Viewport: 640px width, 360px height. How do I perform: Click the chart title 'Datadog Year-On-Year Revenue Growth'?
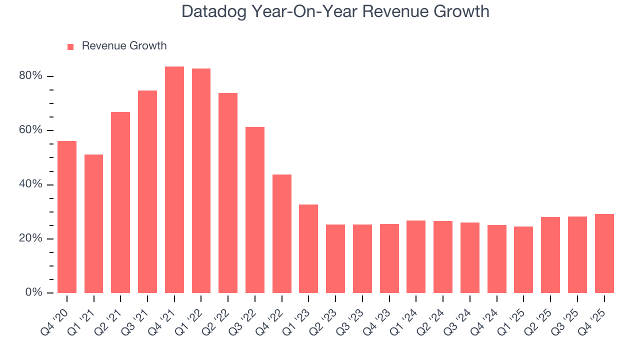point(335,11)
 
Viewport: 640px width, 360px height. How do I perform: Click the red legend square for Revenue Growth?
point(70,46)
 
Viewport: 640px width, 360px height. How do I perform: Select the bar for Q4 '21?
point(174,179)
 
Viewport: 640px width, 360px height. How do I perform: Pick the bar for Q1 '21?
point(94,223)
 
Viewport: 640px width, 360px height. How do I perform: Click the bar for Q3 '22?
point(255,210)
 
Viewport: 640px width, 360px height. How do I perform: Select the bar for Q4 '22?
point(282,233)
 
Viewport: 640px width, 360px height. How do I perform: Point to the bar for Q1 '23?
point(308,248)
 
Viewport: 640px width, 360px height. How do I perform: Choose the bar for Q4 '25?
point(604,253)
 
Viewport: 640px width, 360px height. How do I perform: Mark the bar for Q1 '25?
point(523,259)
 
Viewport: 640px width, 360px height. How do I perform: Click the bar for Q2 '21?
point(120,202)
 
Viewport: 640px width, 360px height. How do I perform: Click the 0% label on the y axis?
point(34,292)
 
